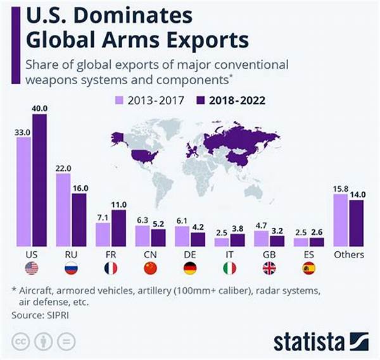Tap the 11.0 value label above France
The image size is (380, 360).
pos(119,204)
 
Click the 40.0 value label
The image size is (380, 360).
pos(39,108)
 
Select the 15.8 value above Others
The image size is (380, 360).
pos(339,187)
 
